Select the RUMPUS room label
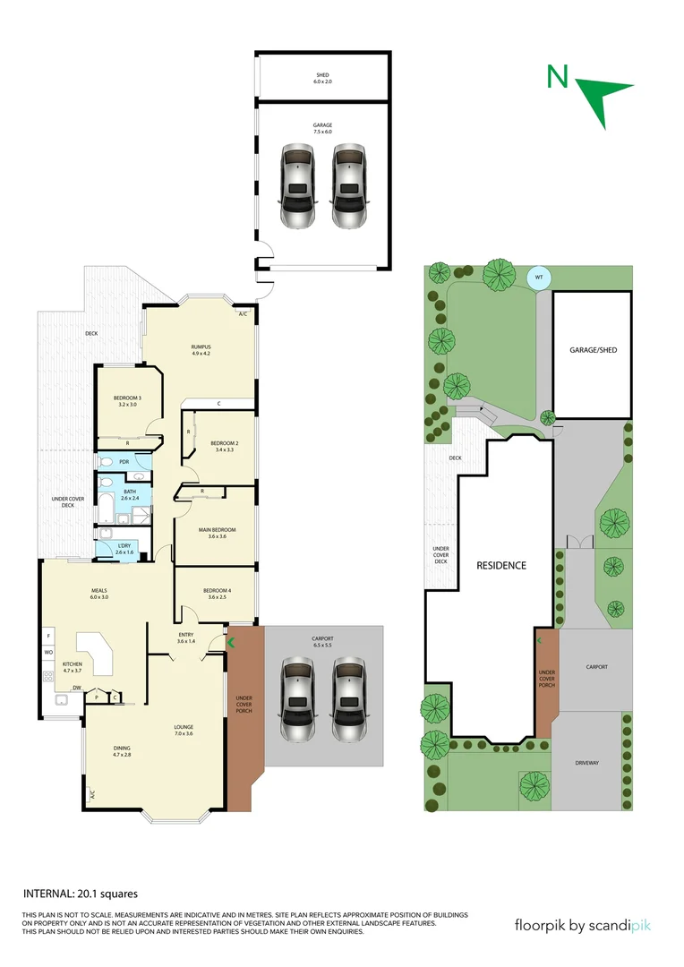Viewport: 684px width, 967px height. [x=200, y=347]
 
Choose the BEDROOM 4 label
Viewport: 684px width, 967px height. [x=216, y=590]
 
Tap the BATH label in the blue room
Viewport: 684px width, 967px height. [x=130, y=492]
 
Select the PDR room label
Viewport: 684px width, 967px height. [x=124, y=462]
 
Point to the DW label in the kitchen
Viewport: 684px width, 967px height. [x=77, y=689]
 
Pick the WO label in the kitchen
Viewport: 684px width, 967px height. [x=48, y=652]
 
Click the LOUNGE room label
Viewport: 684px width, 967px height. [x=184, y=726]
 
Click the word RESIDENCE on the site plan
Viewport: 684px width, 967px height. [x=500, y=565]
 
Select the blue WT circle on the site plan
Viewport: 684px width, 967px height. [x=539, y=278]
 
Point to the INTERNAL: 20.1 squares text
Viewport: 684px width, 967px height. [x=80, y=893]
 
